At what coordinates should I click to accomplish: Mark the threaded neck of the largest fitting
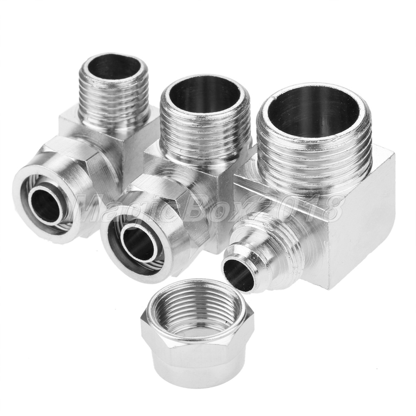[313, 154]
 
